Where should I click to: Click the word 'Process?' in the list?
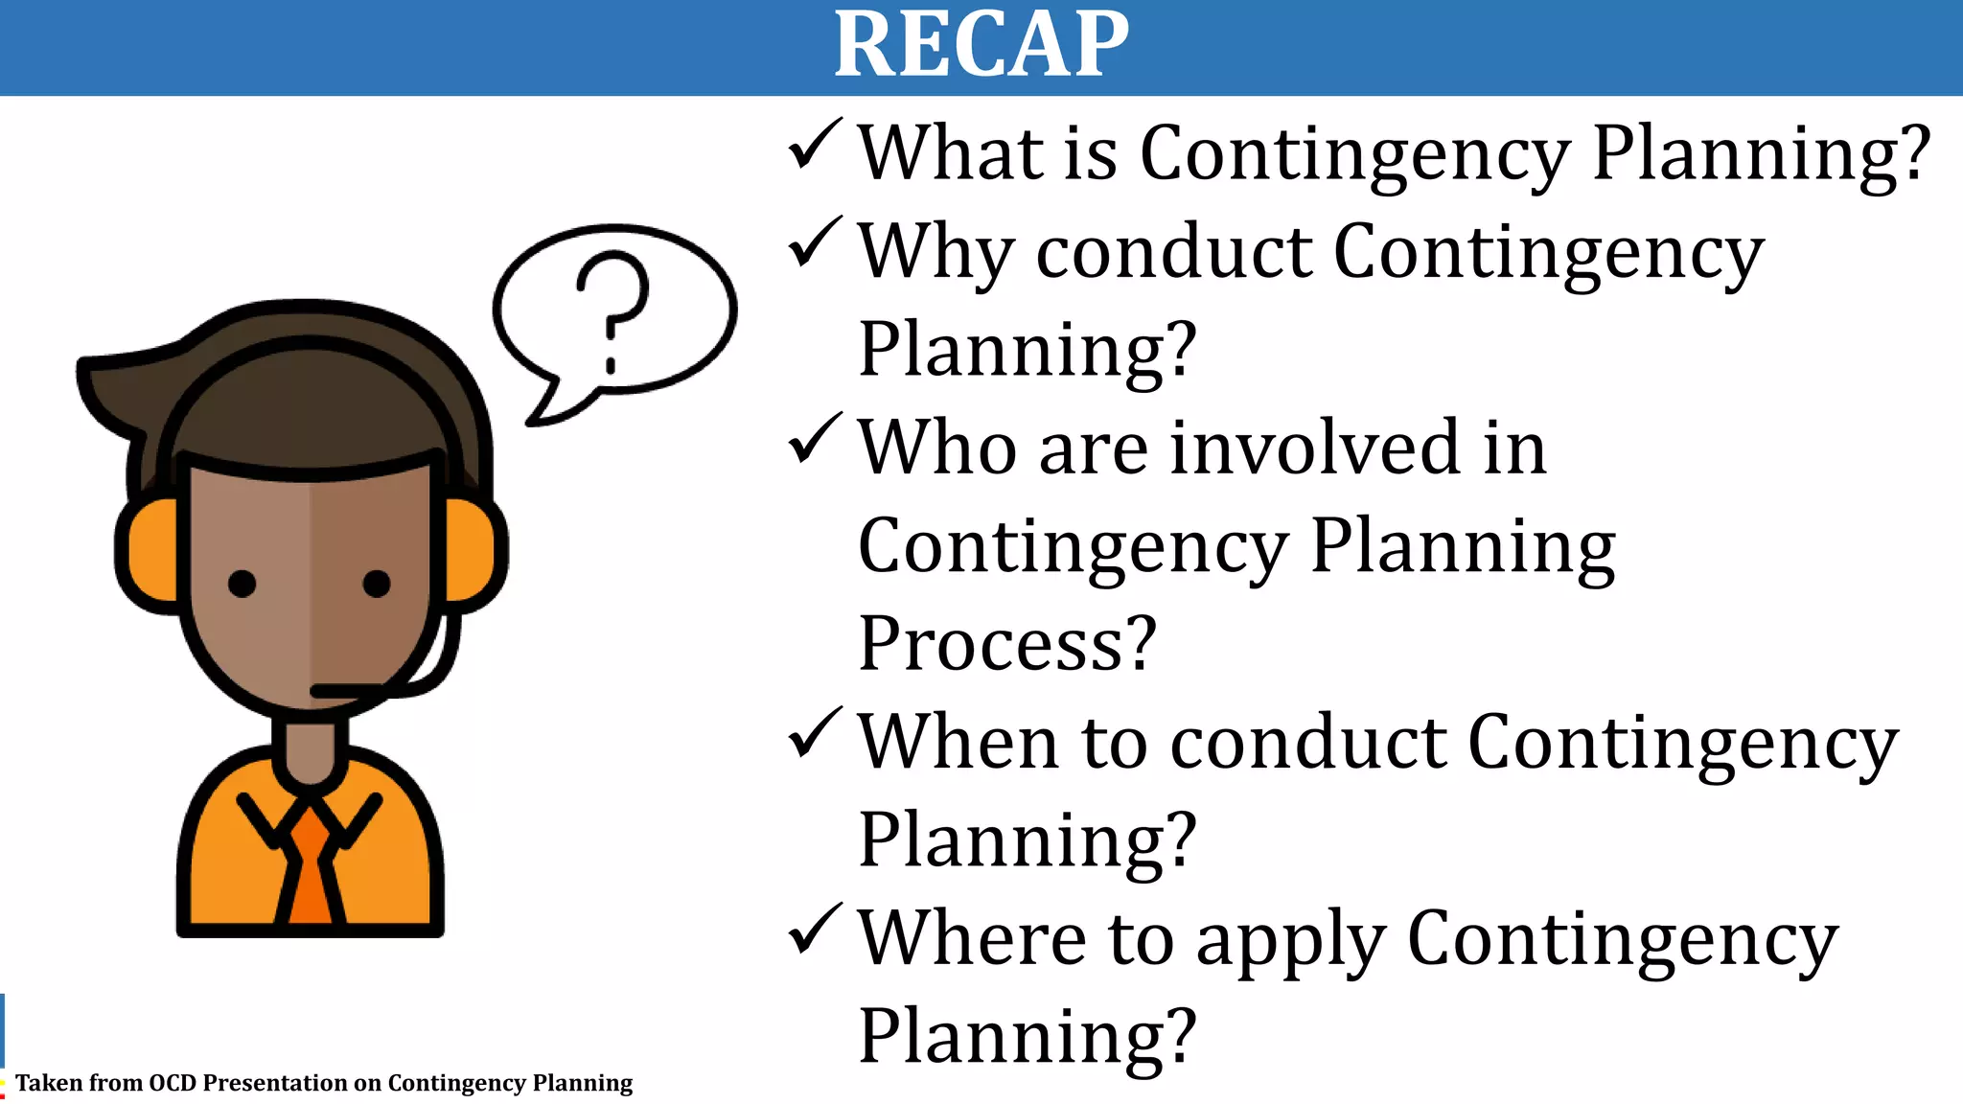coord(1007,643)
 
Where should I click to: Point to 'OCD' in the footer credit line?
coord(173,1083)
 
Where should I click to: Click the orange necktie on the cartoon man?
coord(310,867)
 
